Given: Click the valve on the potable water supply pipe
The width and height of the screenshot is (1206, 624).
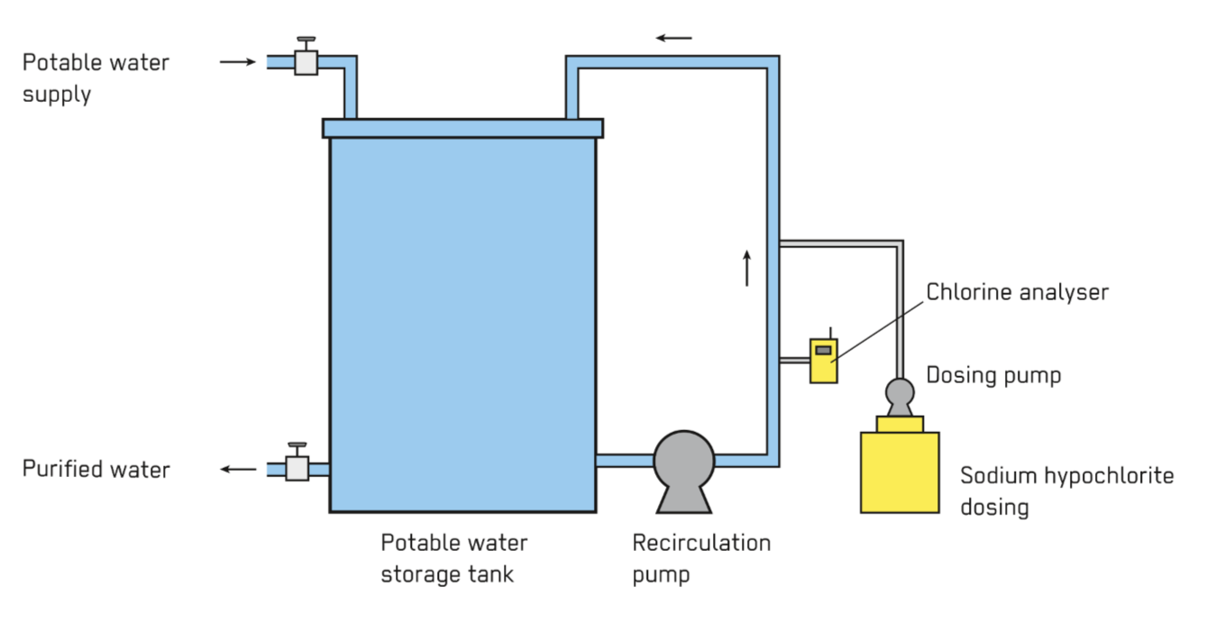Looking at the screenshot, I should click(x=306, y=60).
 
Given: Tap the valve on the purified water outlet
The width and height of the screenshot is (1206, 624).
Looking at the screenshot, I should click(x=297, y=467).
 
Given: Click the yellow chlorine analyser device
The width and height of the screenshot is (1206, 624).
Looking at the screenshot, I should click(x=823, y=361).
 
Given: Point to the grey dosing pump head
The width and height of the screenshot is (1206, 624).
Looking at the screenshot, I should click(x=900, y=392).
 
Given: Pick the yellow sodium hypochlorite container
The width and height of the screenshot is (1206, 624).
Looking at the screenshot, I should click(x=900, y=471).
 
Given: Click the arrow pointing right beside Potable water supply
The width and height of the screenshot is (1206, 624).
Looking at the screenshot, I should click(x=238, y=61).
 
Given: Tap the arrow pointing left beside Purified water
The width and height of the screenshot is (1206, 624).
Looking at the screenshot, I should click(x=239, y=469).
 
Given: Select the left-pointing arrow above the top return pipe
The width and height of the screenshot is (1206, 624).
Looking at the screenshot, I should click(x=673, y=38).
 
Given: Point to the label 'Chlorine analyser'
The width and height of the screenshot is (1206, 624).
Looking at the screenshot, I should click(x=1017, y=292).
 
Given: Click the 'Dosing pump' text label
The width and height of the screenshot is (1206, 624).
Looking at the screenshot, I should click(x=993, y=375).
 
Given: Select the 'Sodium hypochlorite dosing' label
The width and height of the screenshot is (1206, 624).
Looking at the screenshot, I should click(x=1066, y=491).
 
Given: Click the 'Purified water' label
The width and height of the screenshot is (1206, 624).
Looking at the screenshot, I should click(x=96, y=469).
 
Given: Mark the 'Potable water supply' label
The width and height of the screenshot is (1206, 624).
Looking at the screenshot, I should click(x=96, y=78).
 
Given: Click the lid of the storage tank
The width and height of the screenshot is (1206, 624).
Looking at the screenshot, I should click(x=462, y=128).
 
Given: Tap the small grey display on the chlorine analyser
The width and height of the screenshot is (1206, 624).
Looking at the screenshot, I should click(x=823, y=350).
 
